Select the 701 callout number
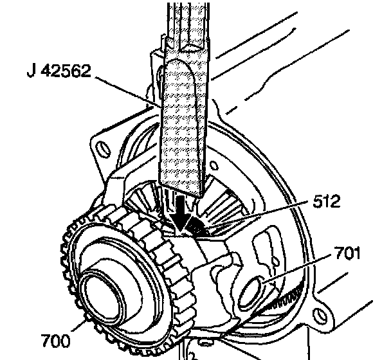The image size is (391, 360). coord(347,253)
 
